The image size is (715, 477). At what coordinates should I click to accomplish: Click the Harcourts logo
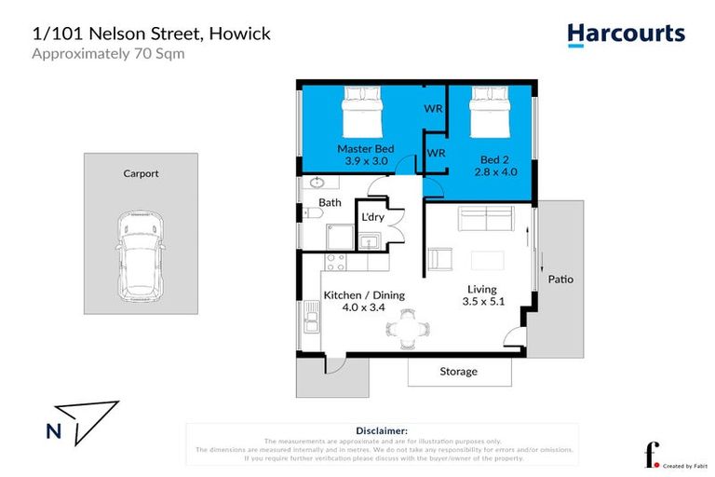pos(626,34)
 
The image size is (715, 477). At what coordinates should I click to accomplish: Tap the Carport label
pos(142,173)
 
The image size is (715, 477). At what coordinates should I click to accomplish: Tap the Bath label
pos(330,202)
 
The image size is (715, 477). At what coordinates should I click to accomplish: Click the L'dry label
pos(373,217)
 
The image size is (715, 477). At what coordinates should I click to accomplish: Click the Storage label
pos(458,371)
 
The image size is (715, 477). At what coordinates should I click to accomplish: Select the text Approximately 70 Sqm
pos(108,53)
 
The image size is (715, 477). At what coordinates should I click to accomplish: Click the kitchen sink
pos(311,323)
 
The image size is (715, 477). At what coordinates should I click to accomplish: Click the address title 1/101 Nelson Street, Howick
pos(151,34)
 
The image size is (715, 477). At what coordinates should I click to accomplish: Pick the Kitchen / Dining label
pos(364,295)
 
